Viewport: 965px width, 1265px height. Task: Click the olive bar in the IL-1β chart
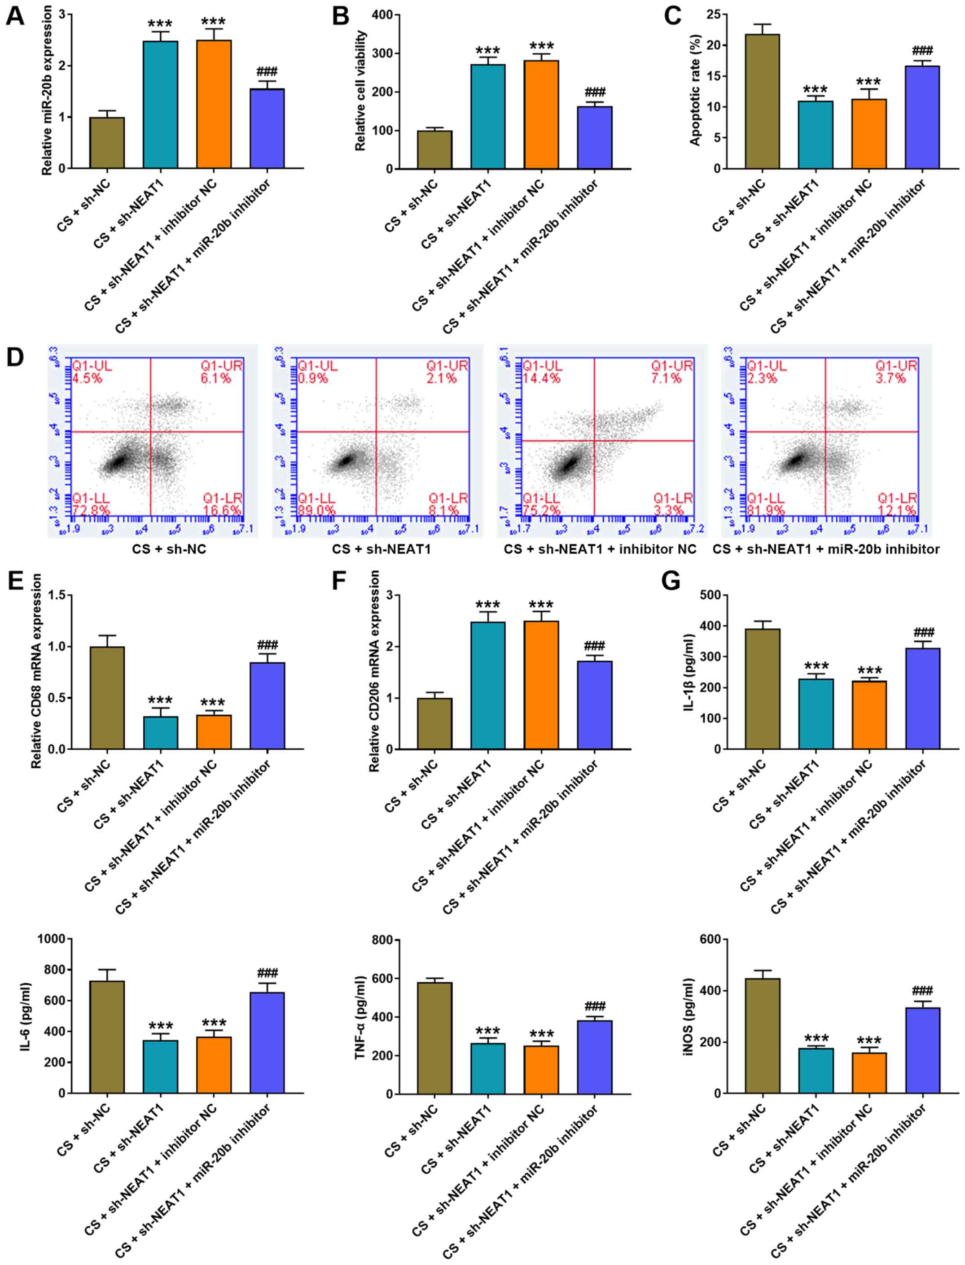tap(762, 689)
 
